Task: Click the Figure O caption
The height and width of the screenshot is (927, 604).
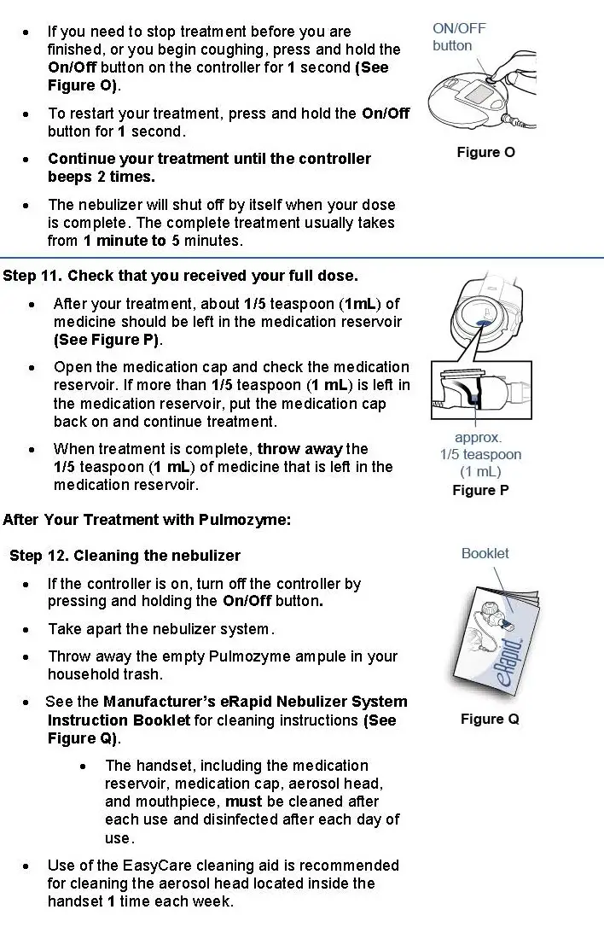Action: pyautogui.click(x=485, y=153)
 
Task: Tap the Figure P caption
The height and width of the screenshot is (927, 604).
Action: pyautogui.click(x=480, y=490)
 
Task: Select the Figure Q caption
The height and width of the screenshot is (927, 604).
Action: pyautogui.click(x=490, y=719)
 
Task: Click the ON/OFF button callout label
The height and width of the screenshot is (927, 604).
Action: pyautogui.click(x=458, y=37)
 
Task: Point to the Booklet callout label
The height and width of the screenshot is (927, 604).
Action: pyautogui.click(x=485, y=553)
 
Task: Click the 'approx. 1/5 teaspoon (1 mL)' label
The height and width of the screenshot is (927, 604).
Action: pyautogui.click(x=480, y=455)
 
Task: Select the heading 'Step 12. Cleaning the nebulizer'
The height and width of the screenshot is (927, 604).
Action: pyautogui.click(x=125, y=556)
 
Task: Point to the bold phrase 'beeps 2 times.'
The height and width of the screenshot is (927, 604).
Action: pyautogui.click(x=102, y=177)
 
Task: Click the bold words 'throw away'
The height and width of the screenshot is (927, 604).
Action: pyautogui.click(x=300, y=449)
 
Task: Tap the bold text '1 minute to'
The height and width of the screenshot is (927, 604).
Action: pyautogui.click(x=125, y=241)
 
